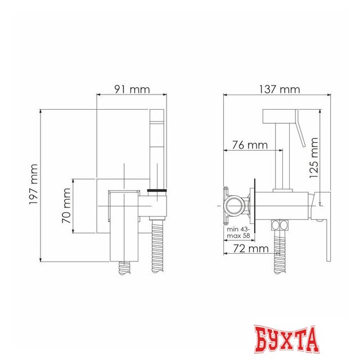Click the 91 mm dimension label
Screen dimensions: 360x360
tap(132, 89)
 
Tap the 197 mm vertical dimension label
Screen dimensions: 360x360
tap(34, 184)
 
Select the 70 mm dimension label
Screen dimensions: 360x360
tap(66, 206)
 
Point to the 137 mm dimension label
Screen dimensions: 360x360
tap(280, 89)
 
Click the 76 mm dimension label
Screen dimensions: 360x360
tap(250, 145)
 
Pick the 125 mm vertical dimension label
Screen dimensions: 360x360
tap(314, 157)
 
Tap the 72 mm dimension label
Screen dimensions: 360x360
tap(251, 249)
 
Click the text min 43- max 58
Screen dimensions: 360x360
tap(238, 232)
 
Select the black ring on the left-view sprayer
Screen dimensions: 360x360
tap(157, 190)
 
